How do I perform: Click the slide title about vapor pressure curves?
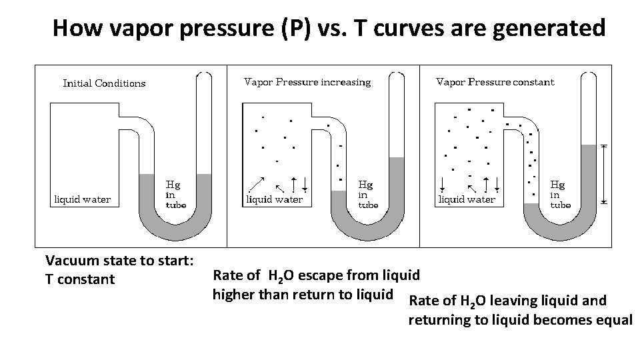[x=329, y=28]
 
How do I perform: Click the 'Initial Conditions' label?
[x=104, y=83]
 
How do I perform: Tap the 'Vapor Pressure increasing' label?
[x=307, y=82]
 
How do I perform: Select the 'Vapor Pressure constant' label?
[x=495, y=82]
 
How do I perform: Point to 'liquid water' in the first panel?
[x=82, y=199]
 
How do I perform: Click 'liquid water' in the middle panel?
[x=275, y=199]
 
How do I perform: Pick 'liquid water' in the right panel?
[x=466, y=199]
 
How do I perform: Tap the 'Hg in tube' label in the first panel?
[x=175, y=193]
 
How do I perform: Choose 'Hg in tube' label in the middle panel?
[x=367, y=193]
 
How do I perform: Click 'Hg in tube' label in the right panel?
[x=559, y=193]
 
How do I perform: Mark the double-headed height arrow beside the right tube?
[x=604, y=173]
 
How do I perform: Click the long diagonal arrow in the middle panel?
[x=257, y=183]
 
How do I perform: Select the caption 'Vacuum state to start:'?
[x=119, y=261]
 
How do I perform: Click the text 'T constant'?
[x=79, y=279]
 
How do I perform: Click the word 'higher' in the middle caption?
[x=234, y=294]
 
